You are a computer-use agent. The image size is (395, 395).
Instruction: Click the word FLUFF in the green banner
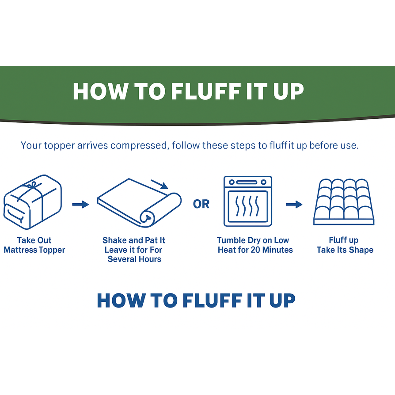(x=206, y=91)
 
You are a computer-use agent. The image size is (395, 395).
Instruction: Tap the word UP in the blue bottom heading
(x=282, y=300)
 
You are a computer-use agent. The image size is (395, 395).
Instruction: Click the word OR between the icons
(x=201, y=204)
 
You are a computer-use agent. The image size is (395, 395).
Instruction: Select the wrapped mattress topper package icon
(x=33, y=202)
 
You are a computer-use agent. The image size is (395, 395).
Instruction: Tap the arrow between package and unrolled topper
(x=80, y=204)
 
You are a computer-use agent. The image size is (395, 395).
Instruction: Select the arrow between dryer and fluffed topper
(x=294, y=204)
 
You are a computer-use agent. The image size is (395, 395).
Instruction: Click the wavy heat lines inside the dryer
(x=247, y=206)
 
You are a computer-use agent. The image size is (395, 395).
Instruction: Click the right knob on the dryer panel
(x=263, y=182)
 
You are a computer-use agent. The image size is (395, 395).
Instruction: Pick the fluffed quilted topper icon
(x=344, y=202)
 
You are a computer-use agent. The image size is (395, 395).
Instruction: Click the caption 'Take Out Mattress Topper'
(x=34, y=245)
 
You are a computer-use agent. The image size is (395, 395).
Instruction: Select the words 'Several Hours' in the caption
(x=134, y=259)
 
